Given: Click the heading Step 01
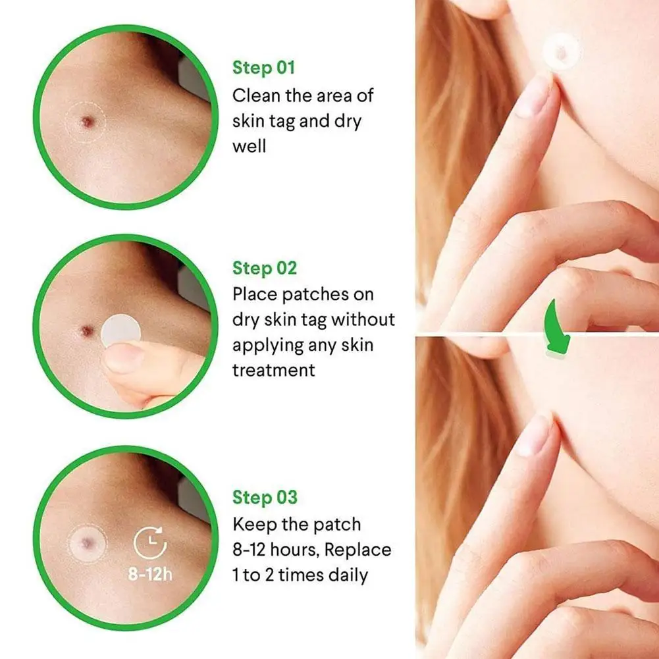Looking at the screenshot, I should pos(264,68).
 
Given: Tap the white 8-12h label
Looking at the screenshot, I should pos(150,574).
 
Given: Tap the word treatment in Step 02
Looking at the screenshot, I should pos(273,370).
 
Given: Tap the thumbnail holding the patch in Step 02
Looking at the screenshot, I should pos(121,359).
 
